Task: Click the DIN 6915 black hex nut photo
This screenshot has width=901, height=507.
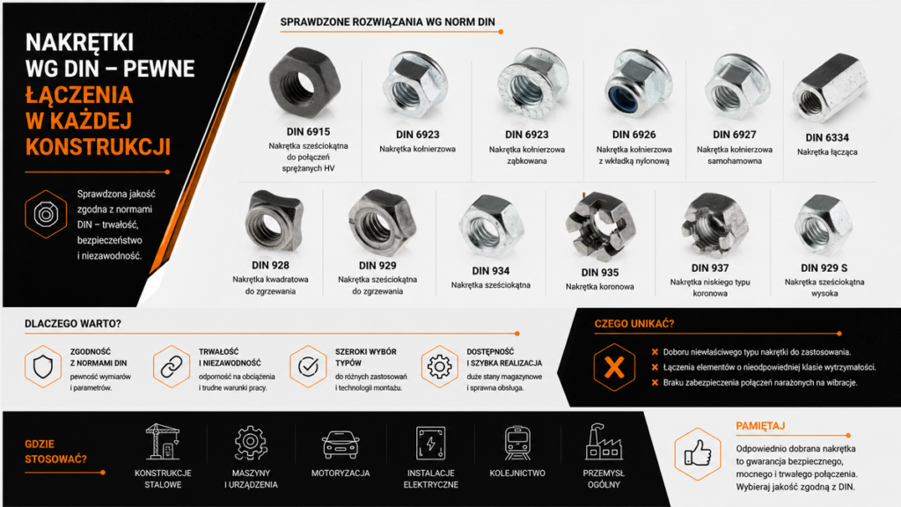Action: click(304, 84)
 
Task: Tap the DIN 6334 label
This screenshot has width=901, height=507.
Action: click(827, 137)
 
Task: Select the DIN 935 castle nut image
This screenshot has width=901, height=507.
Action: click(600, 226)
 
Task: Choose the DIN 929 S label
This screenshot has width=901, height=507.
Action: click(824, 268)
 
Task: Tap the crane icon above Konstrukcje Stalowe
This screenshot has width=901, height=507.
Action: click(163, 442)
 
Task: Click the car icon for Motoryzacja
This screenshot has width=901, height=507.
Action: click(341, 445)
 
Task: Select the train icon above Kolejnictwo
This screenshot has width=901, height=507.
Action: click(517, 444)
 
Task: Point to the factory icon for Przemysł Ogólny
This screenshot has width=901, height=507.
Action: click(604, 442)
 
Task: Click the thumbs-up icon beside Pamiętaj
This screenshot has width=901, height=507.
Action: click(698, 453)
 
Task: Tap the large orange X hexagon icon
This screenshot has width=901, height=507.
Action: click(614, 367)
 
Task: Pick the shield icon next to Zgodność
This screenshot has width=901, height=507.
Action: click(43, 366)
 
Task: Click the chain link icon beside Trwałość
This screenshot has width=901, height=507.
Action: click(172, 366)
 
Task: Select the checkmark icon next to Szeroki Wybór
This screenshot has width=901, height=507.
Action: click(308, 366)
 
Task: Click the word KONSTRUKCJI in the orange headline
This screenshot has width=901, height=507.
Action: click(98, 147)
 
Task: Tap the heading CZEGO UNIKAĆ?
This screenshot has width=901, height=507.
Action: click(634, 324)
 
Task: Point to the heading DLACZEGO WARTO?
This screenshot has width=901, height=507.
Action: click(73, 324)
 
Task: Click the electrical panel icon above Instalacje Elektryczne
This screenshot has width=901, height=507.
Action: click(430, 444)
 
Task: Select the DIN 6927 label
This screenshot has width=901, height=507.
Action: click(735, 135)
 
